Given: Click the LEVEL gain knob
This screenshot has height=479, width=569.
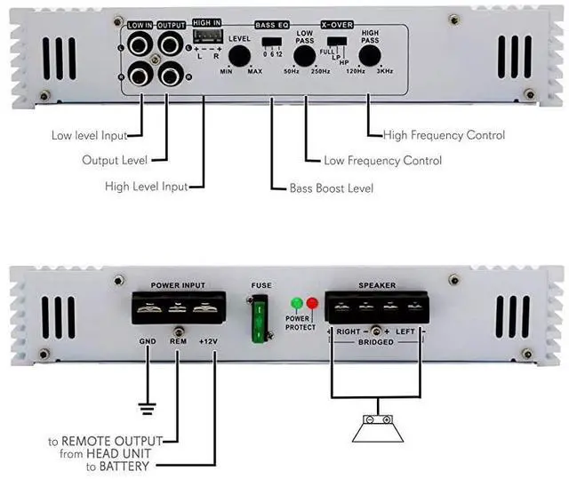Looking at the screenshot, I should pyautogui.click(x=238, y=56).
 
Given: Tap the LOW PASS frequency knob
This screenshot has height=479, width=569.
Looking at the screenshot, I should pyautogui.click(x=305, y=56).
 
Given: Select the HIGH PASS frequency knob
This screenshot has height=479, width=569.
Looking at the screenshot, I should pyautogui.click(x=370, y=56).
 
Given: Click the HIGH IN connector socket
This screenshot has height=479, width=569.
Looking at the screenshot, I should pyautogui.click(x=206, y=36).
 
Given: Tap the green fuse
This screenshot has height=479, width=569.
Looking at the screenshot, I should pyautogui.click(x=260, y=322).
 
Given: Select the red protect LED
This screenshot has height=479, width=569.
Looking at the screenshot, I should pyautogui.click(x=312, y=304).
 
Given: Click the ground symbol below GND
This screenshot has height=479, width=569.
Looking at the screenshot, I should pyautogui.click(x=147, y=409).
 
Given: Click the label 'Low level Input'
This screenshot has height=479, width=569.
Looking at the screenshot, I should pyautogui.click(x=88, y=136).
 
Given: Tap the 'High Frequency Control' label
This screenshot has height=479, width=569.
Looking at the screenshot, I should pyautogui.click(x=444, y=135).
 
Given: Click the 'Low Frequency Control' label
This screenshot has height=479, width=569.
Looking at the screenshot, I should pyautogui.click(x=383, y=161).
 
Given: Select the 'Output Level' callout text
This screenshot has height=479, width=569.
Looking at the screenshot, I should pyautogui.click(x=114, y=161).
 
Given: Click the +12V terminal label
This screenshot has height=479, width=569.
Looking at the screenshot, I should pyautogui.click(x=208, y=340).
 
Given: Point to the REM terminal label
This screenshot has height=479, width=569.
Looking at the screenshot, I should pyautogui.click(x=178, y=340).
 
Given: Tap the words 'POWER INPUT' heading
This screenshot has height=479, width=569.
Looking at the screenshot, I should pyautogui.click(x=177, y=285).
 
